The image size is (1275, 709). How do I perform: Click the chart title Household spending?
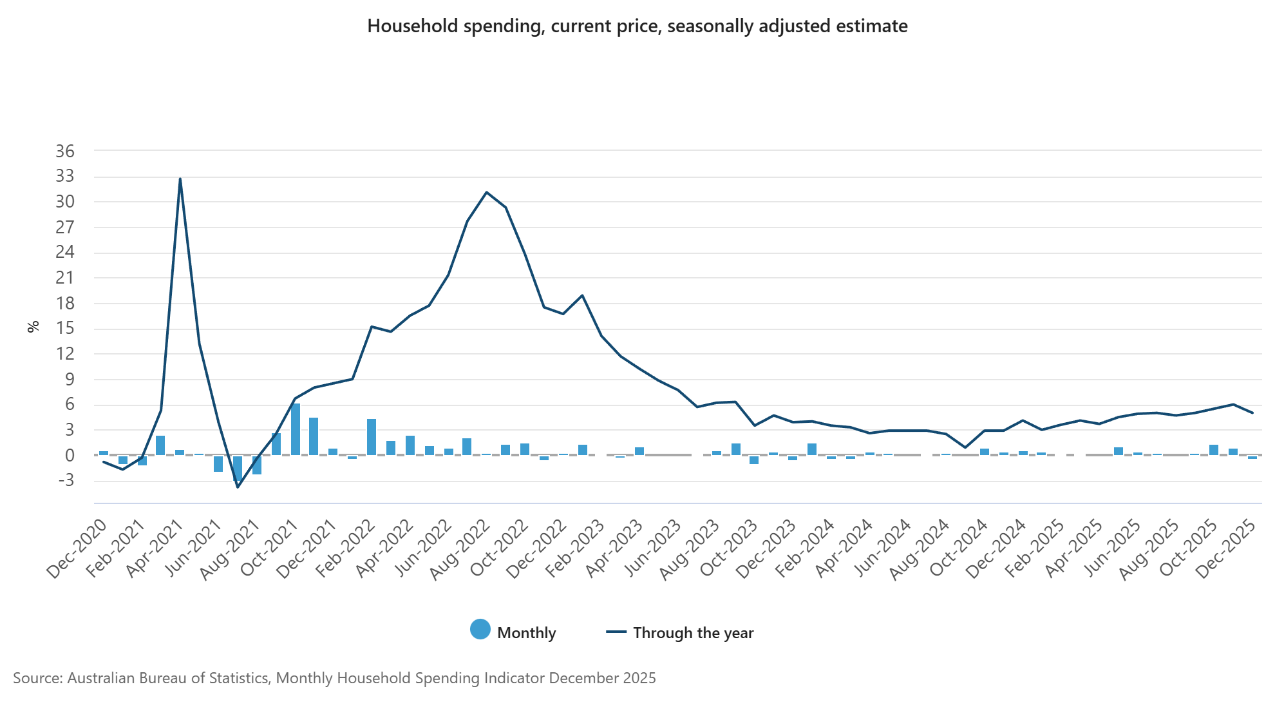637,26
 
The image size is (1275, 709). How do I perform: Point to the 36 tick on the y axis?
65,151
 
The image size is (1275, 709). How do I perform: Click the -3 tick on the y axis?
65,480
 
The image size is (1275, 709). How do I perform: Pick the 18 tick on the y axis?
65,303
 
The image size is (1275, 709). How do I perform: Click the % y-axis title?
33,327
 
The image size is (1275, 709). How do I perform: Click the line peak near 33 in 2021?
180,179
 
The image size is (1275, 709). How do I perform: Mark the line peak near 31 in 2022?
487,192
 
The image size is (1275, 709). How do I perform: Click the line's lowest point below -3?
238,487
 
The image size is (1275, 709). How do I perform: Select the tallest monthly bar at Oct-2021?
296,429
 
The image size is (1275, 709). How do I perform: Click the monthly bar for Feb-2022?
372,437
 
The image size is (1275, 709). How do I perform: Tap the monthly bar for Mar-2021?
160,445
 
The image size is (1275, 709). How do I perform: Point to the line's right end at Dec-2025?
1252,413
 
